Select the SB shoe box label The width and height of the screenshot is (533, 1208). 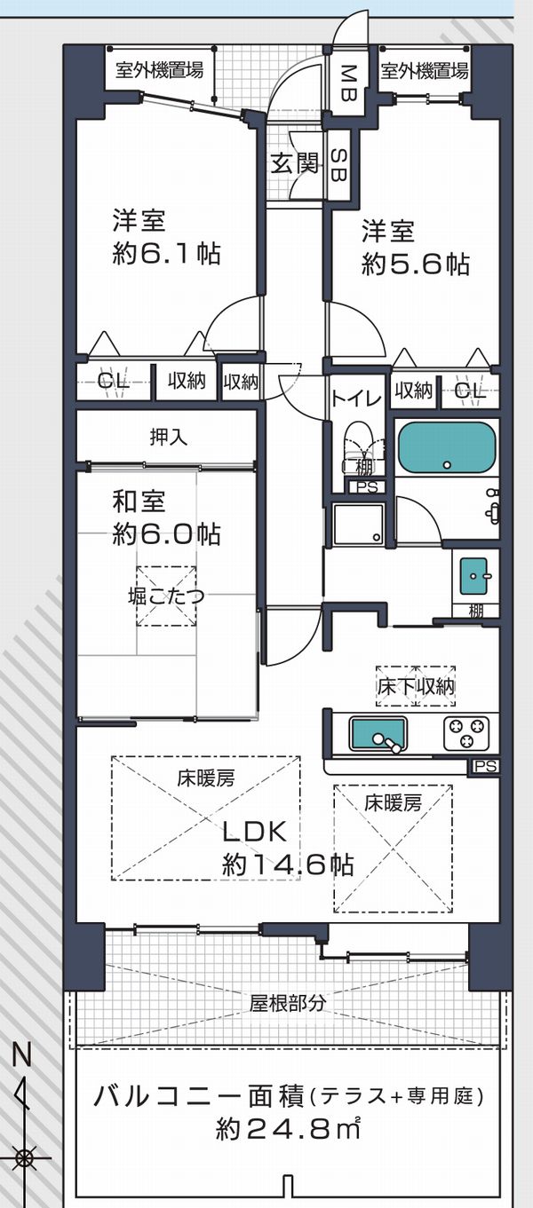[339, 164]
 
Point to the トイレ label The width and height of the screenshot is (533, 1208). [356, 399]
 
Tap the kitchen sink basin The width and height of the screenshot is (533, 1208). [378, 733]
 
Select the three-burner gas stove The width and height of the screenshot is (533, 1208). [466, 733]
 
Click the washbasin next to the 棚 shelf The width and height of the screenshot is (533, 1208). [473, 577]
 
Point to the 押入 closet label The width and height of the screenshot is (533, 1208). [168, 437]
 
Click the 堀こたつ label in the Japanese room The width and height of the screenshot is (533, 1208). [166, 596]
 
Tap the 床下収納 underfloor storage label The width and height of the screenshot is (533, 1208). [416, 686]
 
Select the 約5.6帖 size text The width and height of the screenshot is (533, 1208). [416, 264]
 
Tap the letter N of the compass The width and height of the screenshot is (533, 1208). [22, 1054]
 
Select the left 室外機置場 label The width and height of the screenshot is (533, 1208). [160, 69]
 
